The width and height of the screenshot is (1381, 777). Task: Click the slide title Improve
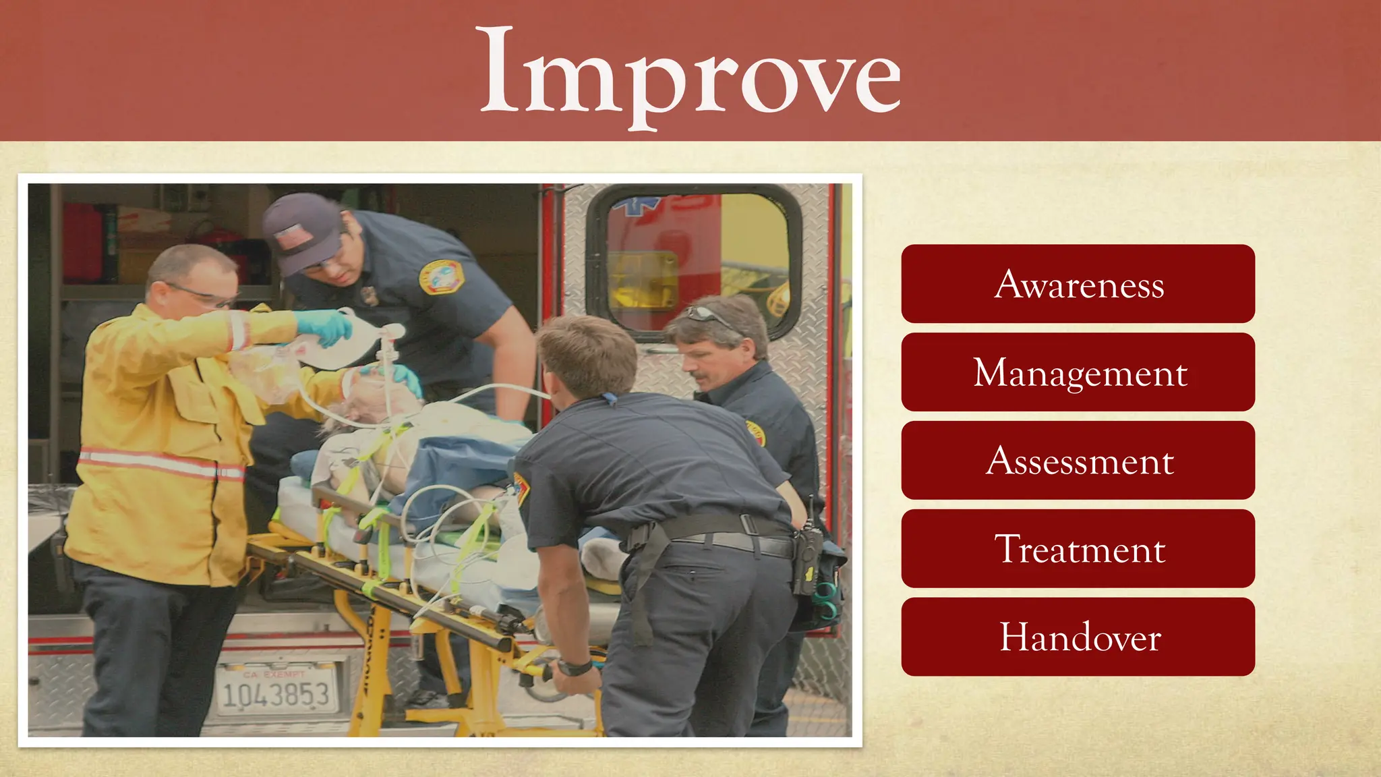(x=690, y=73)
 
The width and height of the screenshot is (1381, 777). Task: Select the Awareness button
(x=1078, y=284)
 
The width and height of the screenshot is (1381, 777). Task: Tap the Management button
(x=1078, y=372)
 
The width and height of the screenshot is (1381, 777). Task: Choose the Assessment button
(x=1078, y=461)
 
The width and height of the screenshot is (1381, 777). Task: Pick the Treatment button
(x=1078, y=549)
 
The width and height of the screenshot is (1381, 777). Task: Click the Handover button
(x=1078, y=637)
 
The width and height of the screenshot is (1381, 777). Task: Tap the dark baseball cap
(x=300, y=233)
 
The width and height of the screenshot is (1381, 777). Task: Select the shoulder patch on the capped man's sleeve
(x=442, y=277)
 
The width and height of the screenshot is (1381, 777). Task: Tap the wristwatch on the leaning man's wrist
(x=575, y=668)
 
